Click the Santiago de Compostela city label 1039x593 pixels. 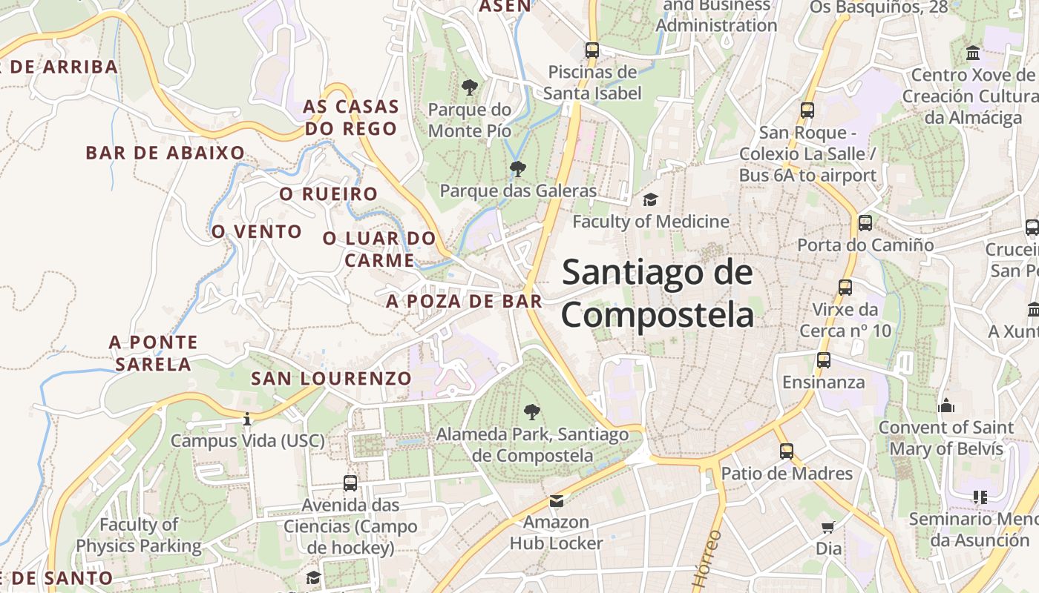pyautogui.click(x=658, y=294)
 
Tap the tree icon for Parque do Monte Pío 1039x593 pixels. pyautogui.click(x=469, y=87)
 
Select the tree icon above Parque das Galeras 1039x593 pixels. pyautogui.click(x=518, y=169)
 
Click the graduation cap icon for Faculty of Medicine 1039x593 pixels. pyautogui.click(x=650, y=199)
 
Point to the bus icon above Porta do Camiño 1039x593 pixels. pyautogui.click(x=865, y=222)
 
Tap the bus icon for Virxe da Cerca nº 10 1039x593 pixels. pyautogui.click(x=845, y=288)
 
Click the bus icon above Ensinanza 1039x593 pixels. pyautogui.click(x=824, y=360)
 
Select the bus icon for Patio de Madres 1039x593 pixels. pyautogui.click(x=787, y=451)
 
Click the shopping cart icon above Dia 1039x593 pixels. pyautogui.click(x=828, y=527)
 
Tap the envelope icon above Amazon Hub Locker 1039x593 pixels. pyautogui.click(x=557, y=501)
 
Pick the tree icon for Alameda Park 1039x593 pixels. pyautogui.click(x=531, y=412)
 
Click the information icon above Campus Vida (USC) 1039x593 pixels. pyautogui.click(x=247, y=420)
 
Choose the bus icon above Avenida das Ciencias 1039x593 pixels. pyautogui.click(x=350, y=483)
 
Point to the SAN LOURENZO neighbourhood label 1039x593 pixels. pyautogui.click(x=331, y=378)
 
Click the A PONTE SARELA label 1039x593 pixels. pyautogui.click(x=154, y=353)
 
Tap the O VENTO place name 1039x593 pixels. pyautogui.click(x=257, y=231)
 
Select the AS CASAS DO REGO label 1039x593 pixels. pyautogui.click(x=350, y=117)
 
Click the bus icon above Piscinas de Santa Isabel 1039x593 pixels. pyautogui.click(x=591, y=50)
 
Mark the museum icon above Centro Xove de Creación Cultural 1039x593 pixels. pyautogui.click(x=973, y=53)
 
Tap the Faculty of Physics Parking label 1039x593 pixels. pyautogui.click(x=139, y=535)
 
